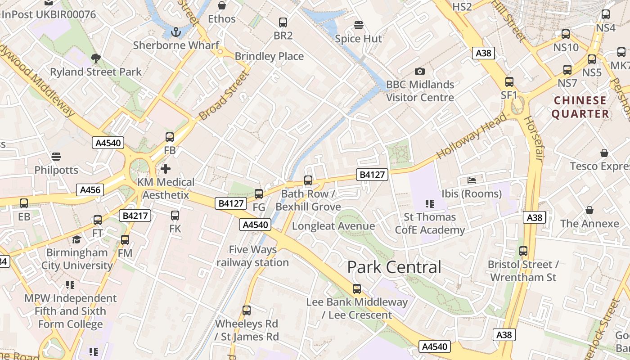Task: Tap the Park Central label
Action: (394, 267)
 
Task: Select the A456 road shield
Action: (90, 190)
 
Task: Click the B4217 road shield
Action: (135, 216)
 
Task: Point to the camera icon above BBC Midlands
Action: (419, 71)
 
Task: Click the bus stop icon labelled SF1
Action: (509, 82)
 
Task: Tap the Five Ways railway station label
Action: (252, 256)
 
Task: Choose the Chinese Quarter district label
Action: (580, 107)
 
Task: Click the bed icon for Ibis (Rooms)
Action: (472, 180)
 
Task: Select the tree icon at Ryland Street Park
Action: (95, 58)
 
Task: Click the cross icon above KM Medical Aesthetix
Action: (166, 169)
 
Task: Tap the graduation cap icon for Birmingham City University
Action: (77, 239)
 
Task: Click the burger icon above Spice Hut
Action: (359, 25)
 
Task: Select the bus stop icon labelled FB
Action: (170, 137)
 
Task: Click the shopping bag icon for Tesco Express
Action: (604, 153)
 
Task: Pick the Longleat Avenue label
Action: (333, 226)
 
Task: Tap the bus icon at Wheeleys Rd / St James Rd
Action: (247, 310)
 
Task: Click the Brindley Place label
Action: (269, 56)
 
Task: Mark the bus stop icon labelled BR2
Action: (283, 22)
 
